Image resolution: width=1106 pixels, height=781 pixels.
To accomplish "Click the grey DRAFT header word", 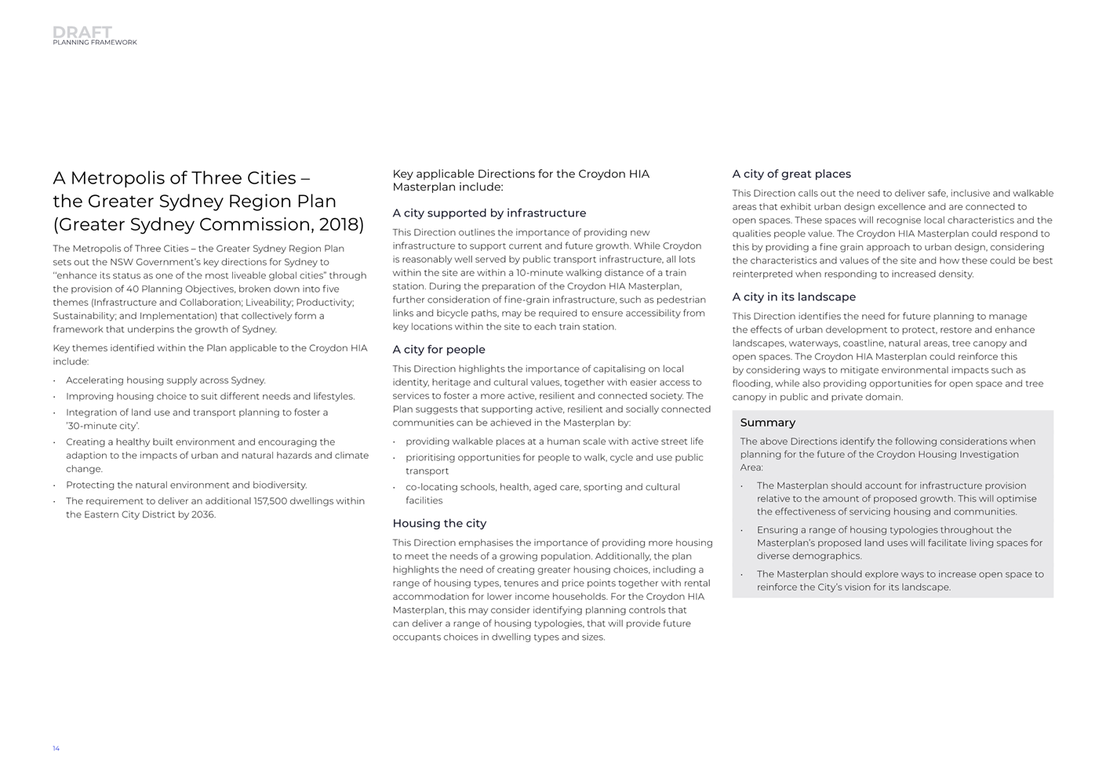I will tap(82, 32).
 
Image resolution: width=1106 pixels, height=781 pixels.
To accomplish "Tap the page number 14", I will tap(56, 749).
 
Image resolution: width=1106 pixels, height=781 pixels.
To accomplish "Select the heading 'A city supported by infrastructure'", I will tap(489, 213).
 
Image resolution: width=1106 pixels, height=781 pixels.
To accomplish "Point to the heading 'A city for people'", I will tap(438, 350).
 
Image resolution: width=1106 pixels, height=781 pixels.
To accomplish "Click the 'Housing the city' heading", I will tap(439, 524).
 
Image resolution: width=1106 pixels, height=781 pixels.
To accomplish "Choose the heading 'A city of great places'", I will tap(791, 174).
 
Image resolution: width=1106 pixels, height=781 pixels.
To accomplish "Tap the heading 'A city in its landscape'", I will tap(794, 297).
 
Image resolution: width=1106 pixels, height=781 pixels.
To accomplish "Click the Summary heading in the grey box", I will tap(767, 423).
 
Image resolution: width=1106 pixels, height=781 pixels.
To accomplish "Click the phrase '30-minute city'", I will tap(103, 427).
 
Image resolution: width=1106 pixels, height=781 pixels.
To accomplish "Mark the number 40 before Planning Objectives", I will tap(132, 289).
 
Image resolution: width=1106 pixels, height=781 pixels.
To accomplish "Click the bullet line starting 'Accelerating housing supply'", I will tap(166, 380).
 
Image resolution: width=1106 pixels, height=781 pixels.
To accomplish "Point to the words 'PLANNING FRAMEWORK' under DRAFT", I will tap(95, 43).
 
